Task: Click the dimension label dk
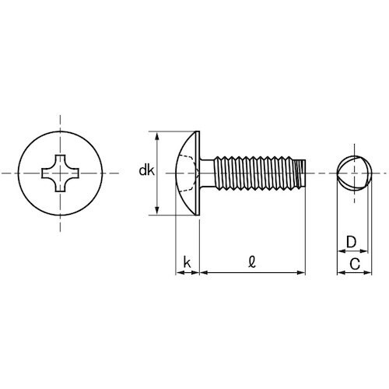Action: point(146,171)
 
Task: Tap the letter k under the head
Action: point(187,264)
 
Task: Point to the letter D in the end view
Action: point(351,242)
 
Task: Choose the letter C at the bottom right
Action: point(354,264)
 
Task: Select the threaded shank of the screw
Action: point(253,171)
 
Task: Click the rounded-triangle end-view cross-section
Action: point(354,171)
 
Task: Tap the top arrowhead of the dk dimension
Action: point(159,135)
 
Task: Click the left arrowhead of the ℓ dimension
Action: point(204,273)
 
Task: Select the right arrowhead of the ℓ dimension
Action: point(301,273)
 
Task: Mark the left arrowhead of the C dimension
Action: point(339,273)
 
